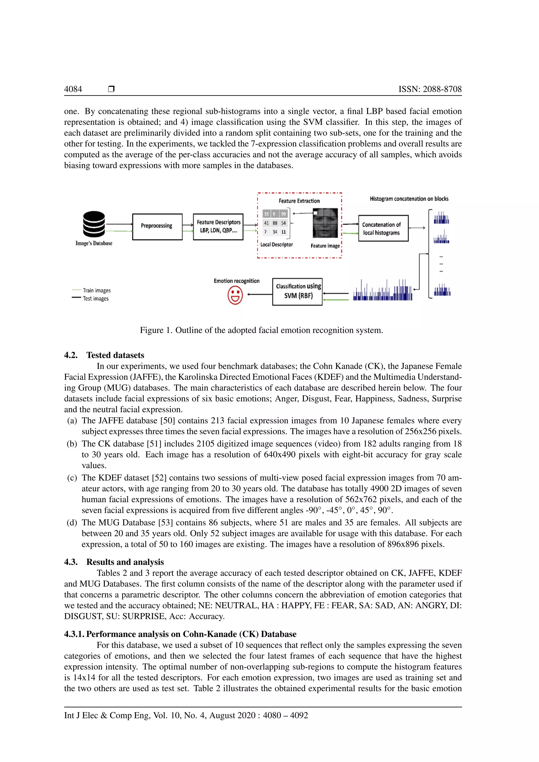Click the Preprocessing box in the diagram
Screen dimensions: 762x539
pyautogui.click(x=157, y=227)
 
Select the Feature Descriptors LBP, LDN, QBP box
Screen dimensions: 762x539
pyautogui.click(x=218, y=227)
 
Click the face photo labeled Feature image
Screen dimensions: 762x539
pyautogui.click(x=325, y=223)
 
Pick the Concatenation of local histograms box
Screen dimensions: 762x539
pyautogui.click(x=383, y=228)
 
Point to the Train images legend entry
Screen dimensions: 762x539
pyautogui.click(x=96, y=290)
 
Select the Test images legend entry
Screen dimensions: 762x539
pyautogui.click(x=95, y=298)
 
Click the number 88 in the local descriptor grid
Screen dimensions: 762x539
pyautogui.click(x=275, y=223)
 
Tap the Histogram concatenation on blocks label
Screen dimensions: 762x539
pyautogui.click(x=409, y=199)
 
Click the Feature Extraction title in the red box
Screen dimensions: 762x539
pyautogui.click(x=299, y=201)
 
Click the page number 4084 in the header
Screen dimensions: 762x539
pyautogui.click(x=73, y=89)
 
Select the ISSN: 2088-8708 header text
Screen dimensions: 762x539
pyautogui.click(x=430, y=89)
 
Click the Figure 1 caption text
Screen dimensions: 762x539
pyautogui.click(x=261, y=330)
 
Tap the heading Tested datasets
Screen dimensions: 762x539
pyautogui.click(x=115, y=355)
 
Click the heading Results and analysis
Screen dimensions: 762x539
pyautogui.click(x=125, y=562)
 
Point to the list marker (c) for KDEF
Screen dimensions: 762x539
pyautogui.click(x=72, y=478)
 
